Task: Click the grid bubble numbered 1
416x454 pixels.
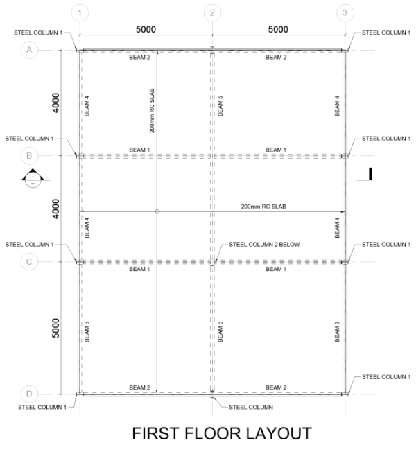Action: [x=80, y=12]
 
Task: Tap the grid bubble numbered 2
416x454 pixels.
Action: [x=212, y=12]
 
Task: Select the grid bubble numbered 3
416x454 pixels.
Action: [x=345, y=12]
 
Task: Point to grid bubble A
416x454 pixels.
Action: [x=29, y=50]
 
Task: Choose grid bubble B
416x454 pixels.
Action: [x=29, y=156]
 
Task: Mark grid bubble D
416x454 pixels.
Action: [x=29, y=394]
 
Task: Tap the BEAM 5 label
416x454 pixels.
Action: [x=220, y=106]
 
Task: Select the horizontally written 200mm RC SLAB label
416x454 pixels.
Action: [x=264, y=207]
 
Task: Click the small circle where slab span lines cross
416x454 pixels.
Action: [x=157, y=211]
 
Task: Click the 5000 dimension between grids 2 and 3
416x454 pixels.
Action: [x=277, y=30]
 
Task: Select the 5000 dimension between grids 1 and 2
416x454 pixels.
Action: [x=146, y=30]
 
